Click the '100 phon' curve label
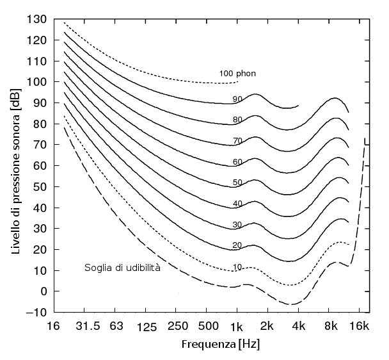tap(237, 74)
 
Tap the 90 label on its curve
tap(237, 99)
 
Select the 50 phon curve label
tap(237, 183)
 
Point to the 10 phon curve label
tap(237, 266)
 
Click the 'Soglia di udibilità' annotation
tap(122, 267)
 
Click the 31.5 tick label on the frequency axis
tap(88, 326)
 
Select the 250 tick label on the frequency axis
tap(178, 326)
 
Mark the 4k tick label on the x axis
tap(299, 326)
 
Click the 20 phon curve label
tap(237, 246)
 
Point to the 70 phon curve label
tap(237, 141)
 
